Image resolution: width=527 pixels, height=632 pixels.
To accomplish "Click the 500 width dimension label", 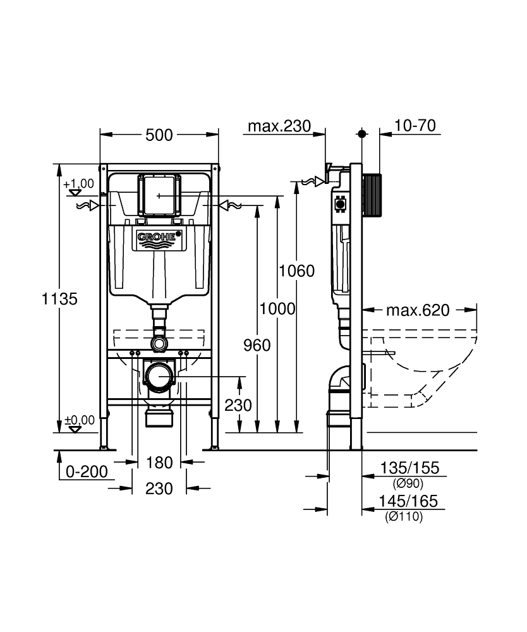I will point(159,134).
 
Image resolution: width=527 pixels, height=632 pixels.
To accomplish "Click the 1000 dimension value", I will point(277,308).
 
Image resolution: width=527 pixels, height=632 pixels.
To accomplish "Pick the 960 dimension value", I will point(257,345).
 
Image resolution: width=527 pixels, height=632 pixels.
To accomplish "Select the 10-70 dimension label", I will point(415,126).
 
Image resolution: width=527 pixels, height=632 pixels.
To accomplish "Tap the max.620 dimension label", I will point(418,310).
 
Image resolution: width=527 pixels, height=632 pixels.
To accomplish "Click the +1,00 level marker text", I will point(78,183).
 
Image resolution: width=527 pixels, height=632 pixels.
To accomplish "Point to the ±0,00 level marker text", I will point(80,420).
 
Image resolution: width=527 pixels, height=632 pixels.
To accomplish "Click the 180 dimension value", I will point(159,463).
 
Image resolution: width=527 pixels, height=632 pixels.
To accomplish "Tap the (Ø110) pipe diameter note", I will point(405,517).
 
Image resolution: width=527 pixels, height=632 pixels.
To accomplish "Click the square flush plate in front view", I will point(159,195).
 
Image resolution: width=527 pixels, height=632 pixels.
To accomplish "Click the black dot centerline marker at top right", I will point(362,133).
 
